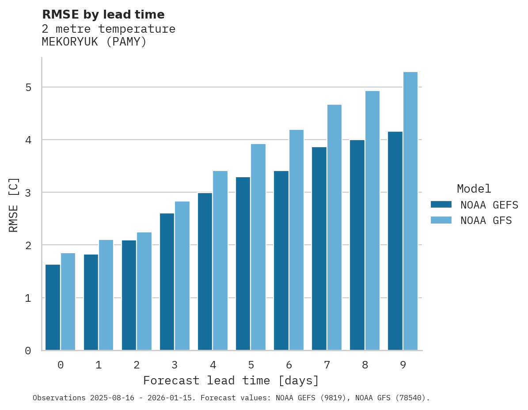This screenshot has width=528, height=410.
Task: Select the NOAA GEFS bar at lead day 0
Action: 53,307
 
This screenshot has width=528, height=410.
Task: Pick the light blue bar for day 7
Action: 334,228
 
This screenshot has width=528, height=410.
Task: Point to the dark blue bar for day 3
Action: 167,282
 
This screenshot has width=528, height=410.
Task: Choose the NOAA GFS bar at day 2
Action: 144,291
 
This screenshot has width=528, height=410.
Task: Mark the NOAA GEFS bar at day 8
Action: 357,245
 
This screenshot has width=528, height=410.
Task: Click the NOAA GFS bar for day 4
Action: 220,261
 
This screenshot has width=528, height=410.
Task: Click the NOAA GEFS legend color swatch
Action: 441,205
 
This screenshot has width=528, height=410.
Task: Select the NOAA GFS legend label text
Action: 486,220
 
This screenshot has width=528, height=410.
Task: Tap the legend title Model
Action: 474,189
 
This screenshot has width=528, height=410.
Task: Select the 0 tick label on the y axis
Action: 28,351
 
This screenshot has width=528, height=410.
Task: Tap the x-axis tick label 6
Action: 289,365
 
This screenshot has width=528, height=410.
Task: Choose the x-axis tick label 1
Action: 99,365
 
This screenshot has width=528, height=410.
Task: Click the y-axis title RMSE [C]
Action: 14,205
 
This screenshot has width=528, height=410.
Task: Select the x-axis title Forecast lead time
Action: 231,380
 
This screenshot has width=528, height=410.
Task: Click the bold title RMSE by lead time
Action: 103,15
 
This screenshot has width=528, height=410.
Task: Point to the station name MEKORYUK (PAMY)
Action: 94,42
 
